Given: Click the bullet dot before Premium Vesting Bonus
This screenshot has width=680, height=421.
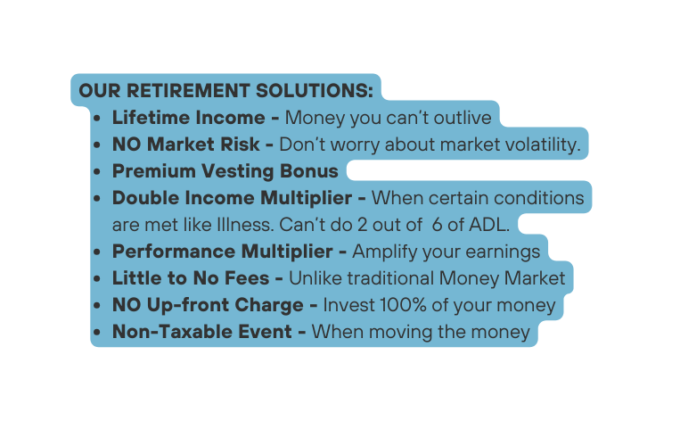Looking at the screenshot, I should (98, 171).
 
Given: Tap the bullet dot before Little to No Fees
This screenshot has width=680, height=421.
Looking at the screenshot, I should (98, 278).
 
